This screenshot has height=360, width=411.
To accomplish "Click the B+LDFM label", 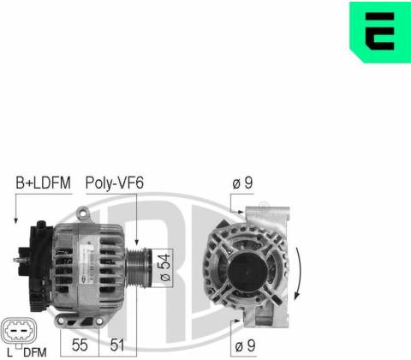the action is point(43,183).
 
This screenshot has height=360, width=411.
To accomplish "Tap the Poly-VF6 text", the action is point(115,183).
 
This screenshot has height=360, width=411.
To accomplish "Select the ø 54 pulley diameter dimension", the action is point(164,268).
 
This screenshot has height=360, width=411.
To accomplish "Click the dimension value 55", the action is point(80,345).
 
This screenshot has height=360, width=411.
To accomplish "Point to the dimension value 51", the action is point(117,345).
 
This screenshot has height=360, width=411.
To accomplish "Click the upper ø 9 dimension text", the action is point(242,183).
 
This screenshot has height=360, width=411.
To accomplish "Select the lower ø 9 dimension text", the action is point(245,346).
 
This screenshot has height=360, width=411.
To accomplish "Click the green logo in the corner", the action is point(380,32).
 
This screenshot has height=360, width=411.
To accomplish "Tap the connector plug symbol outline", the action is point(19,331).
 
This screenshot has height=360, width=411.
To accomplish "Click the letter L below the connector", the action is point(10,352).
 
